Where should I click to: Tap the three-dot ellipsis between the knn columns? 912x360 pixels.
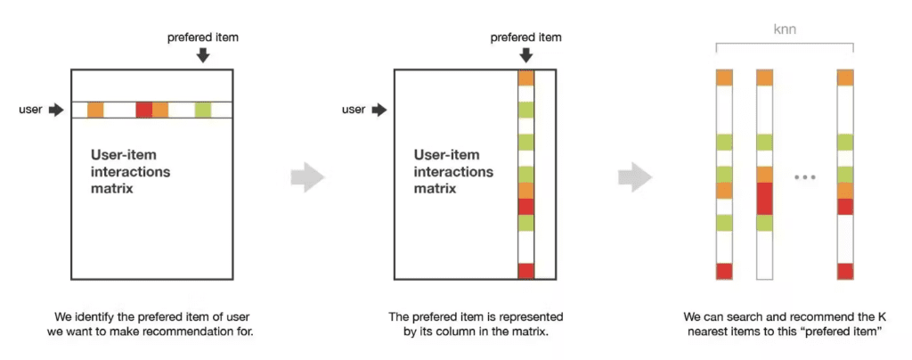coord(804,177)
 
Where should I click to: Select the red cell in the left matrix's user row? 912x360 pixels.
coord(143,110)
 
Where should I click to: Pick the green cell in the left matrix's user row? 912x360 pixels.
coord(203,110)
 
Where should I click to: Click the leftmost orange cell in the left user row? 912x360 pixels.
coord(95,110)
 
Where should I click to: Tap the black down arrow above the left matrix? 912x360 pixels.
coord(203,55)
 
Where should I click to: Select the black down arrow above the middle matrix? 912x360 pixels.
coord(525,55)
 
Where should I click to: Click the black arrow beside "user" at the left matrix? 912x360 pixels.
coord(55,110)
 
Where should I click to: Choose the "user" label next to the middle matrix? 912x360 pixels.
coord(354,110)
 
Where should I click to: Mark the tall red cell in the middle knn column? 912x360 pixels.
coord(764,198)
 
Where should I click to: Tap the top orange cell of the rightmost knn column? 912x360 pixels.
coord(845,78)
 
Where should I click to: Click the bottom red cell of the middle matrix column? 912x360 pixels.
coord(525,271)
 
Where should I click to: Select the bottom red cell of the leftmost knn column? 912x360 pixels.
coord(724,271)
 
